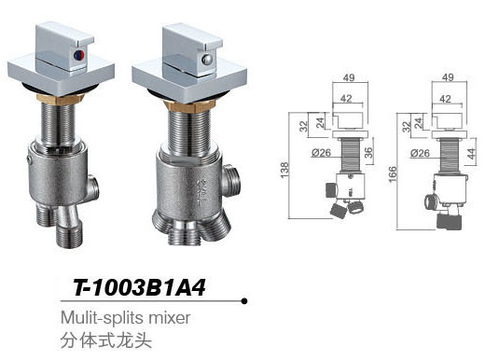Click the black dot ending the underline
(x=243, y=300)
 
